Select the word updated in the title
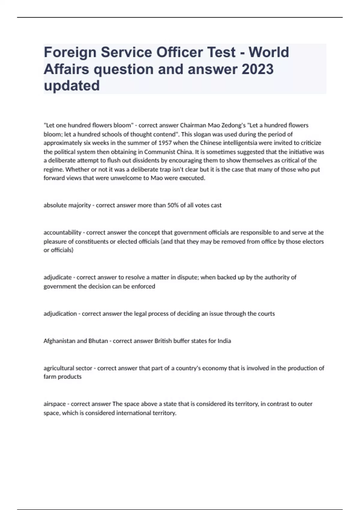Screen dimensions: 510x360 (x=72, y=86)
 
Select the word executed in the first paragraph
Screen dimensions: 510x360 (x=195, y=178)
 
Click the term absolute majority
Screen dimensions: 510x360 (x=67, y=205)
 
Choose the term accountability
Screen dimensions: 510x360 (x=62, y=232)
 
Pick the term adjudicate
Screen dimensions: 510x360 (x=58, y=277)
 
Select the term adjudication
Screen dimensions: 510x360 (x=60, y=314)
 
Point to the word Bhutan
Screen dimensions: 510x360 (x=98, y=341)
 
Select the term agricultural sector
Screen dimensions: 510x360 (x=68, y=368)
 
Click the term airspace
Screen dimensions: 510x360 (x=54, y=404)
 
